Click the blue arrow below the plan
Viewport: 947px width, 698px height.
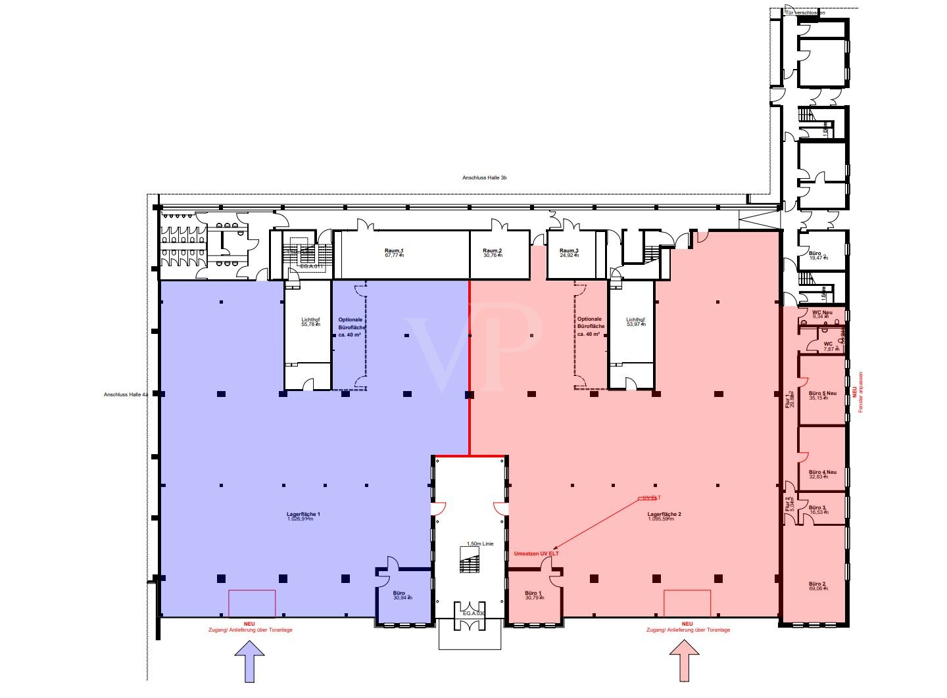coord(249,660)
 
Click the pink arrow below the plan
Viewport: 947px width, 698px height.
coord(685,660)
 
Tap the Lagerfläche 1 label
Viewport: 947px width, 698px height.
coord(303,514)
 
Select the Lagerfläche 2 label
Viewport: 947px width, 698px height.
coord(664,514)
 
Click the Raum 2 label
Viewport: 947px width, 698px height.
coord(492,251)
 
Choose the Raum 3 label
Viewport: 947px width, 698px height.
coord(569,251)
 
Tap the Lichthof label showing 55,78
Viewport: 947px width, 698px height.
coord(310,321)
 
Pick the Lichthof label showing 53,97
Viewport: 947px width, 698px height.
coord(636,321)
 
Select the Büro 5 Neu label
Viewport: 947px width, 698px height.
coord(822,394)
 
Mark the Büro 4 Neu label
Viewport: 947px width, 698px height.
coord(822,473)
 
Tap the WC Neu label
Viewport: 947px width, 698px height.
coord(822,313)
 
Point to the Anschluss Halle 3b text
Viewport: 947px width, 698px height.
coord(484,178)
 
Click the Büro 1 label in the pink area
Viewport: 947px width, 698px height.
coord(533,593)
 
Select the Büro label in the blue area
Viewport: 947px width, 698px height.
coord(399,593)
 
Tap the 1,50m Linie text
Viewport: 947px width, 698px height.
coord(479,544)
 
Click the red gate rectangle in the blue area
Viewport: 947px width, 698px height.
coord(252,603)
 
